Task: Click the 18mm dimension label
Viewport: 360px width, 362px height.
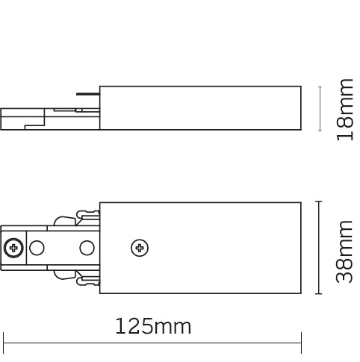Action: click(x=344, y=110)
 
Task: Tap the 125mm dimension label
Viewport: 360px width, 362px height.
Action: click(x=153, y=326)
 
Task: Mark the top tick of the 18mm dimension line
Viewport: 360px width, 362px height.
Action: click(x=320, y=86)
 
